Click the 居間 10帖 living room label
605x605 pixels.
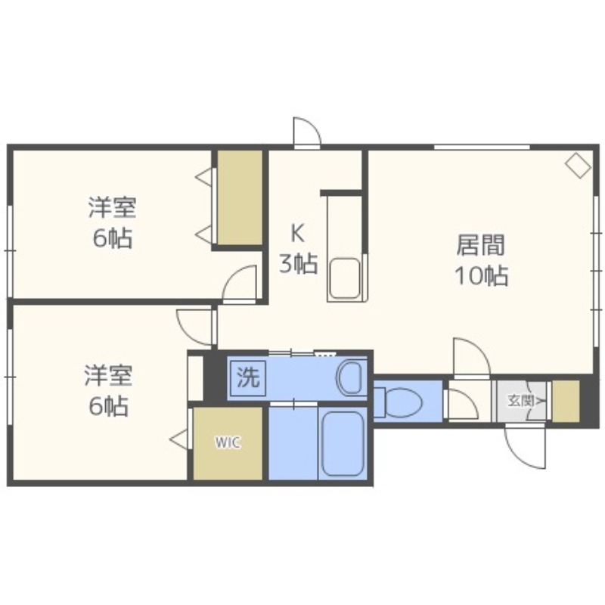(x=481, y=260)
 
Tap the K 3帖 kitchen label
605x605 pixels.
(x=298, y=249)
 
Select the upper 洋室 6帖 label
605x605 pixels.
(x=112, y=222)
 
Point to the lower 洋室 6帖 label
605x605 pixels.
(x=108, y=389)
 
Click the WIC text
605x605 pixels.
(x=228, y=442)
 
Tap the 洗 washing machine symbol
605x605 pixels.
(x=248, y=378)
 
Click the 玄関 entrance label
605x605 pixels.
(x=521, y=401)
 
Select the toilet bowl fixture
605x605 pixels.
(x=399, y=402)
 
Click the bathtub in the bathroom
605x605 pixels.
(x=343, y=443)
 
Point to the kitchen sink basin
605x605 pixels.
(x=346, y=278)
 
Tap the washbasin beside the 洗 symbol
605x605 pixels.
(x=351, y=377)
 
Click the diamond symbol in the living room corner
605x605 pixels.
(x=579, y=165)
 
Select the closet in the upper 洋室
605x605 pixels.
(x=240, y=197)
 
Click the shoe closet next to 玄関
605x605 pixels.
(x=566, y=401)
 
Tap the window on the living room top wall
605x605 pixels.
(x=482, y=147)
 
